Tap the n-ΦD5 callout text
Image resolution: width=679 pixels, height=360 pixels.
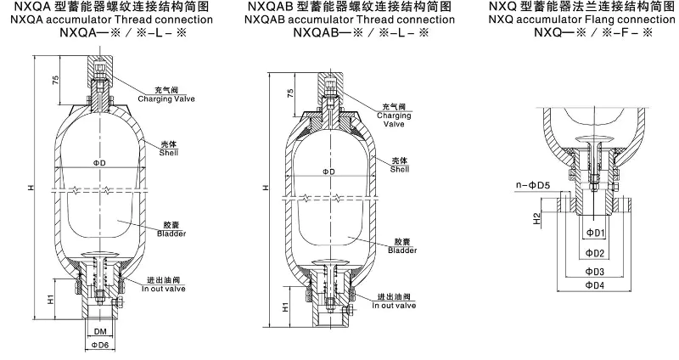[532, 184]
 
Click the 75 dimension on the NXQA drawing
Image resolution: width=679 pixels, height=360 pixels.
[54, 81]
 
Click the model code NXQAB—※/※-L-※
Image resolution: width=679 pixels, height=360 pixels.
[360, 33]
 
